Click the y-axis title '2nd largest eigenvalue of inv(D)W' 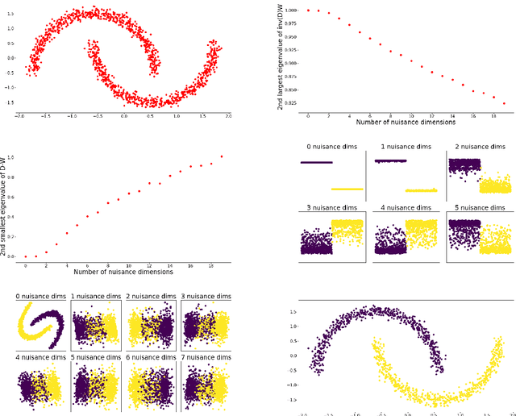pos(281,56)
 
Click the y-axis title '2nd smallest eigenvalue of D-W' pos(11,207)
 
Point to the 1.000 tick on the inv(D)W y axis pos(291,10)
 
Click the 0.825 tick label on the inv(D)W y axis pos(291,103)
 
